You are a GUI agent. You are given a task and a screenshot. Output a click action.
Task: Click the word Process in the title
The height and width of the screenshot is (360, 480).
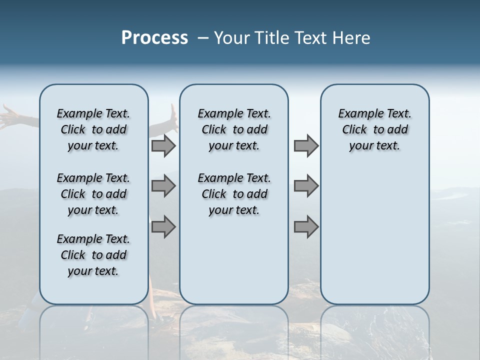tap(154, 38)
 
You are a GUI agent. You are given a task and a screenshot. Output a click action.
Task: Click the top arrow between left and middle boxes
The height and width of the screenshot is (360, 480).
tap(163, 146)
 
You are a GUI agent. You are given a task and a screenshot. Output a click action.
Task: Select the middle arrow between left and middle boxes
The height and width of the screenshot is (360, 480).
tap(163, 186)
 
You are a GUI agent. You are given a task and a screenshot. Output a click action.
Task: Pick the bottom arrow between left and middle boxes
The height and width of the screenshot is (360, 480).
tap(163, 227)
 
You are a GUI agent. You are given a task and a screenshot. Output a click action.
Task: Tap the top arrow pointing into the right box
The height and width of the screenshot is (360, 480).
tap(306, 146)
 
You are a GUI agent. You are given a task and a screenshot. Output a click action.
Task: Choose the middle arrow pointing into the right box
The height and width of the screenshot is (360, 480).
tap(306, 186)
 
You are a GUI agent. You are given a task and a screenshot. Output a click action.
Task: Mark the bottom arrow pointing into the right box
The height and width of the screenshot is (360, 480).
tap(306, 227)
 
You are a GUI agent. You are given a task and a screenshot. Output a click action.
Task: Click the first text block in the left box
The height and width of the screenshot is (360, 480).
tap(93, 129)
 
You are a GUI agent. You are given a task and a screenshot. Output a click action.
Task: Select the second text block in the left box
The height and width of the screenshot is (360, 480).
tap(93, 194)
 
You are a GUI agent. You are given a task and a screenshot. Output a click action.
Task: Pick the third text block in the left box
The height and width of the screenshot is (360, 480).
tap(93, 255)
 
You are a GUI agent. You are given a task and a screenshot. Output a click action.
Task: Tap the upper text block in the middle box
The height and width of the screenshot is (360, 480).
tap(234, 129)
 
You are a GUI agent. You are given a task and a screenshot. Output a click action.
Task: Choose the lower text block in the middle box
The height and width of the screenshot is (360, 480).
tap(234, 194)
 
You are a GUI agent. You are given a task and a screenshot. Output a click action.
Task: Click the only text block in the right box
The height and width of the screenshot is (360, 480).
tap(374, 129)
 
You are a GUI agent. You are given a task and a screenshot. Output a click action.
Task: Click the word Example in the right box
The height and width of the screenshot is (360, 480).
tap(356, 114)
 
